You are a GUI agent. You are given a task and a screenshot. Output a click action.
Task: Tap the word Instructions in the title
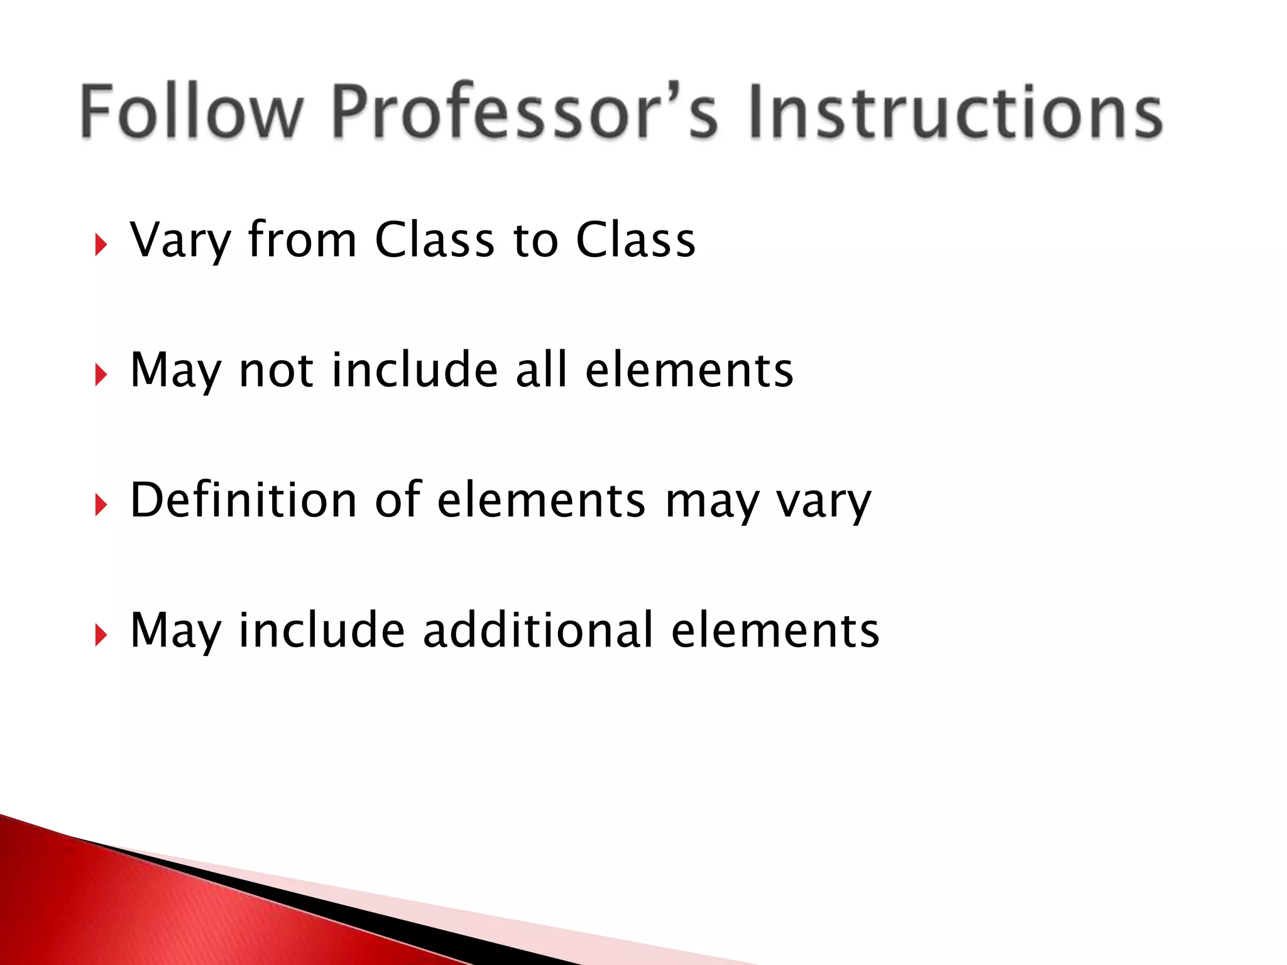tap(955, 112)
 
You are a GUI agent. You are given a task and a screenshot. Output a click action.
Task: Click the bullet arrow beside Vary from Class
tap(101, 245)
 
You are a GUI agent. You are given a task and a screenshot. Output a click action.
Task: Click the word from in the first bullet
tap(302, 240)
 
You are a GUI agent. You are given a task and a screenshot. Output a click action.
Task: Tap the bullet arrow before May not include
tap(101, 375)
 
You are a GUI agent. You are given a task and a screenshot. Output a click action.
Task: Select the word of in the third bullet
tap(397, 500)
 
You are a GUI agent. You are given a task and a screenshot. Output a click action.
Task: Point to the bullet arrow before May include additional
tap(101, 635)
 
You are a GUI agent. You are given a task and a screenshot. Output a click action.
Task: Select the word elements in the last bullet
tap(775, 631)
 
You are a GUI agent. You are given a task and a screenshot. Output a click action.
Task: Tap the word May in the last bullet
tap(176, 631)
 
